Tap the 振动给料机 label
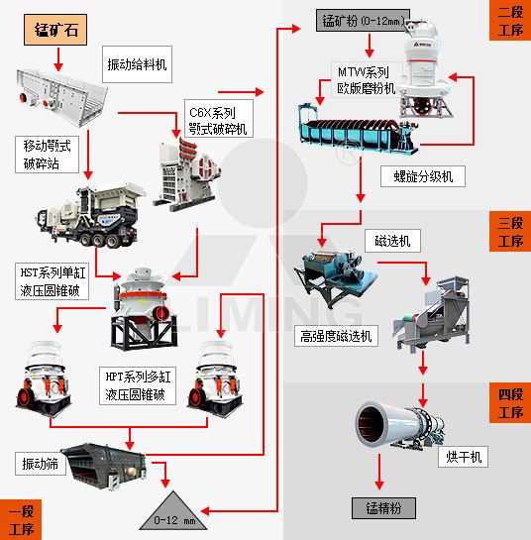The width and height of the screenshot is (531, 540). click(137, 64)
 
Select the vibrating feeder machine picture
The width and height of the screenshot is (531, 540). click(59, 90)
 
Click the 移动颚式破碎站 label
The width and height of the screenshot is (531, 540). click(48, 154)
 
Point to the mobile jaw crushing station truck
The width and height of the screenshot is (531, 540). click(87, 213)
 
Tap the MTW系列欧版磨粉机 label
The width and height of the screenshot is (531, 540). click(364, 80)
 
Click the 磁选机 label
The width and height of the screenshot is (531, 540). click(392, 241)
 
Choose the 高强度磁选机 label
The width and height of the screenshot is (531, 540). click(338, 336)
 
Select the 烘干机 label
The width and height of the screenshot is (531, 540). click(463, 457)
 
